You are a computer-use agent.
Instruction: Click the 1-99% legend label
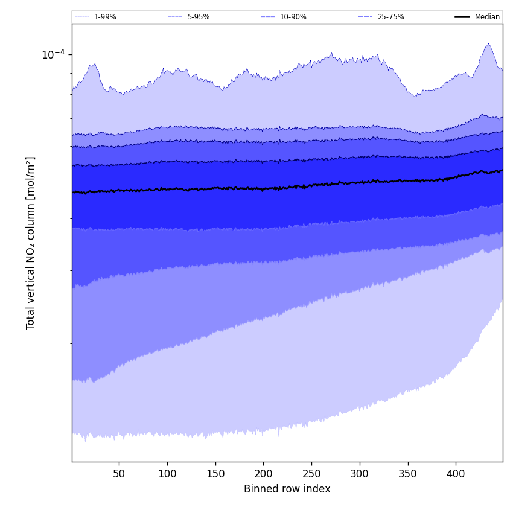(x=105, y=17)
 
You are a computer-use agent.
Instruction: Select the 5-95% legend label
(x=198, y=17)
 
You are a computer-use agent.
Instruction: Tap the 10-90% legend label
(x=293, y=17)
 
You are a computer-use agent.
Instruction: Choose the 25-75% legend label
(x=390, y=17)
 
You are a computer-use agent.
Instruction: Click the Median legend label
(x=487, y=17)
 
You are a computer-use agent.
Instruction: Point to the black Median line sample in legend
(x=462, y=17)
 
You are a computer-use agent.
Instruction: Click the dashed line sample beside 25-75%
(x=365, y=17)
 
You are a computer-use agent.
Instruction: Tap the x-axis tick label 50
(x=119, y=474)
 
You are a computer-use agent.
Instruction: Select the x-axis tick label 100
(x=167, y=474)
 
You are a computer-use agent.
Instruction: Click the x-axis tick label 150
(x=215, y=474)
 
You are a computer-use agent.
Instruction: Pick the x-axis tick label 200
(x=263, y=474)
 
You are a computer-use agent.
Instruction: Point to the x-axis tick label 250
(x=311, y=474)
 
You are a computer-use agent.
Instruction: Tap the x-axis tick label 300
(x=360, y=474)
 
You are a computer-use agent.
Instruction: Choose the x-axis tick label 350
(x=408, y=474)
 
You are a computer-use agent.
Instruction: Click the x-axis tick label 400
(x=456, y=474)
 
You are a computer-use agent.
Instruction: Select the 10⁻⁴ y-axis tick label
(x=53, y=55)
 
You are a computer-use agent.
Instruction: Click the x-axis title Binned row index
(x=287, y=489)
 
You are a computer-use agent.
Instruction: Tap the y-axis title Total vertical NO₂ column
(x=31, y=243)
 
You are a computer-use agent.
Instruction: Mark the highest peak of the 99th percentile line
(x=488, y=44)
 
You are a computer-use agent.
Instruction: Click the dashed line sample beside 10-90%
(x=268, y=17)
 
